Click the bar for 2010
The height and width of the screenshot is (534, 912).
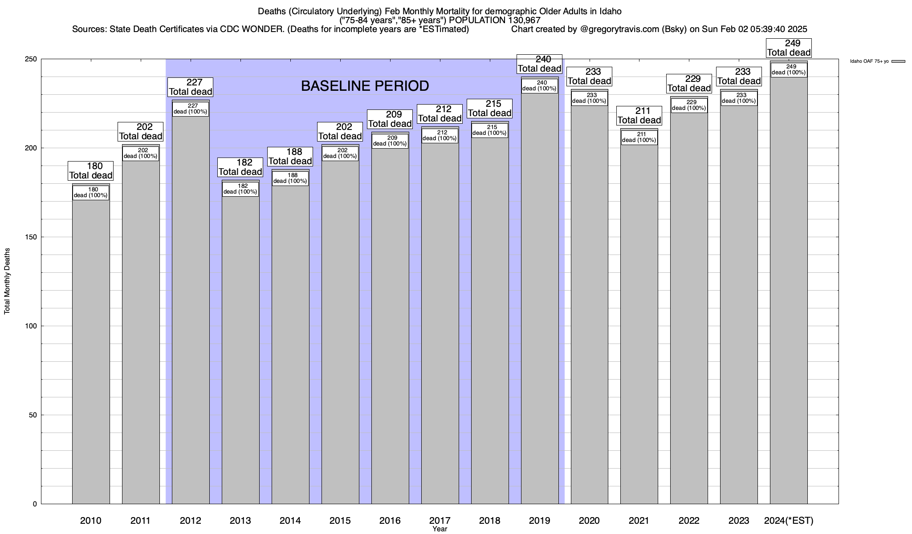[91, 352]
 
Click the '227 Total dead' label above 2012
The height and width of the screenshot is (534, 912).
[191, 87]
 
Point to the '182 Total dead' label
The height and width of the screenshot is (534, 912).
[240, 167]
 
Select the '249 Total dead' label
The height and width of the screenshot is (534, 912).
[789, 48]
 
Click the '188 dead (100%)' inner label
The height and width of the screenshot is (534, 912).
[290, 178]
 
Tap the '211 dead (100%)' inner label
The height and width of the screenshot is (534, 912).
[639, 138]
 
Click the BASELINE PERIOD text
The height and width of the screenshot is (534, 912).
[365, 86]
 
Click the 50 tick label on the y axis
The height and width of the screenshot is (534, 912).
[33, 415]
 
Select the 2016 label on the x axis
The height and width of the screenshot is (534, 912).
[390, 521]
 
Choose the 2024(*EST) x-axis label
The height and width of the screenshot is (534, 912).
[789, 521]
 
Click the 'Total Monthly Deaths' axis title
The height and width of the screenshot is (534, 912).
[7, 281]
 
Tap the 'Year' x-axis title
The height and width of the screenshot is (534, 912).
[440, 529]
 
